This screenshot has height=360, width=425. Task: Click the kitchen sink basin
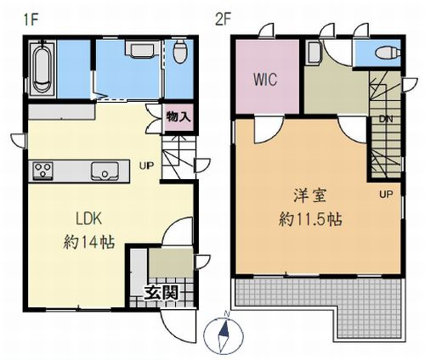105,170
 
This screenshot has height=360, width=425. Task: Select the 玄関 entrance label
159,294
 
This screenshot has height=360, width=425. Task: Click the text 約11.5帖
310,217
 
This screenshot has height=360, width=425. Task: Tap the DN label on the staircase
384,118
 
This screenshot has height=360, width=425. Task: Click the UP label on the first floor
147,166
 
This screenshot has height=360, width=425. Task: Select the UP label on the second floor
386,194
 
